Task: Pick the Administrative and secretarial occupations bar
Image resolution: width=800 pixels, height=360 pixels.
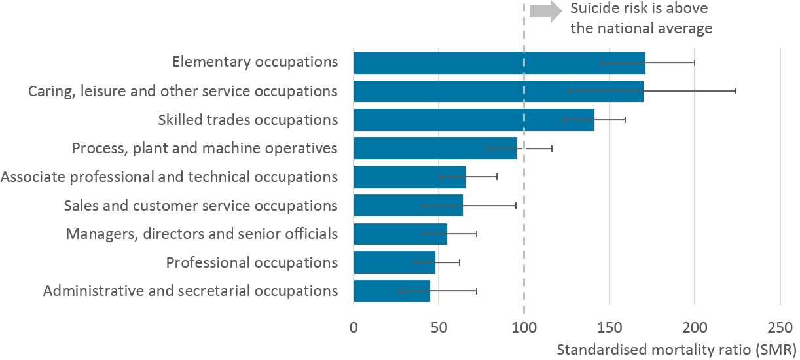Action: click(391, 291)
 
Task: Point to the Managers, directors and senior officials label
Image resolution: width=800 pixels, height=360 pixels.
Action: click(202, 234)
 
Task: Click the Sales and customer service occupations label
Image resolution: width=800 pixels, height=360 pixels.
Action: click(200, 206)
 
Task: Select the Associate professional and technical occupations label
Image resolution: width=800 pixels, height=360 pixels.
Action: click(170, 177)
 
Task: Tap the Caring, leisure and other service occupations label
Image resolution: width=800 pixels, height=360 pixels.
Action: click(183, 91)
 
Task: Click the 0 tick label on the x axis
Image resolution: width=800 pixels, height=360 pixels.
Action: click(354, 327)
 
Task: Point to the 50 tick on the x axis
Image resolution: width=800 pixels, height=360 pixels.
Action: click(439, 327)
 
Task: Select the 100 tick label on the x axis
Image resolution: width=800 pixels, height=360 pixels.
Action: click(524, 327)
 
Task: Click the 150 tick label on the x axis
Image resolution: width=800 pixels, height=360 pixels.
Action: click(609, 327)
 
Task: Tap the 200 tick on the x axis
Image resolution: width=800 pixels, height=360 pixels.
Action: click(695, 327)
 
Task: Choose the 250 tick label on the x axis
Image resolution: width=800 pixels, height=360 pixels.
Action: click(780, 327)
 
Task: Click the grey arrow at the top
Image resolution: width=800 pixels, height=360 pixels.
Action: click(545, 11)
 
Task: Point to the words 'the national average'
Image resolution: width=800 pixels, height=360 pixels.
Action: click(641, 28)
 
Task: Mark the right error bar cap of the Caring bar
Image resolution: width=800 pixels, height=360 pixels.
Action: click(736, 91)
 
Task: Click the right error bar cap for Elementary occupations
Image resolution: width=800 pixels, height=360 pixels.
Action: click(695, 63)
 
